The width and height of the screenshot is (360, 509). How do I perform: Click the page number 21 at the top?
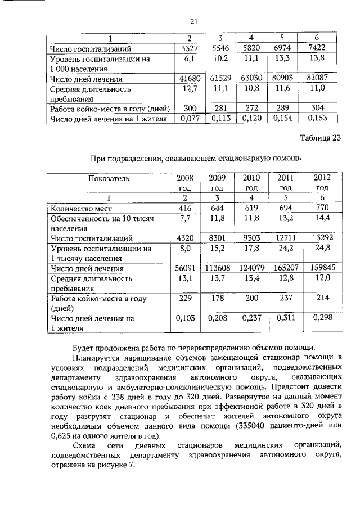[192, 22]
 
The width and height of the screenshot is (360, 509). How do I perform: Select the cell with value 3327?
[188, 49]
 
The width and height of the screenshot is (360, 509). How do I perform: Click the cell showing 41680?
[188, 79]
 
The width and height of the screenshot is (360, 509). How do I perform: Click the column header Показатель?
[109, 178]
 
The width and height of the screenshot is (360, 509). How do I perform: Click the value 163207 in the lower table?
[286, 268]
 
